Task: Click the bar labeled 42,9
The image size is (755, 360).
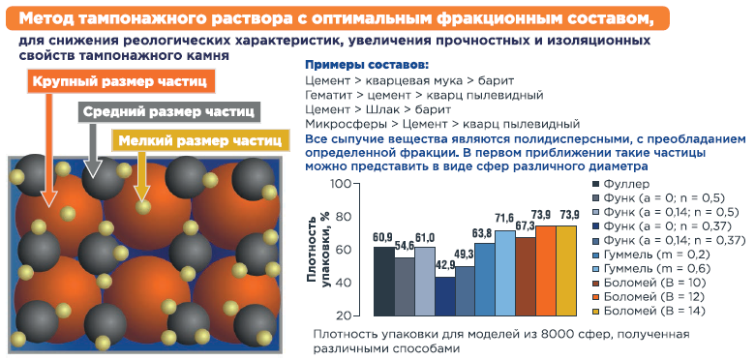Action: pos(445,296)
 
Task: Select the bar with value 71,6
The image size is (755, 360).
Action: pos(505,273)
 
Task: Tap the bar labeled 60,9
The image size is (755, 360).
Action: pos(383,282)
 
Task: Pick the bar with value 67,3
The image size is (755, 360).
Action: pos(526,277)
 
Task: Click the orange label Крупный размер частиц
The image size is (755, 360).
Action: pos(120,82)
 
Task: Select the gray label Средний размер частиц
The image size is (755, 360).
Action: pos(169,111)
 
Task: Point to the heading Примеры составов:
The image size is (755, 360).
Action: pos(367,65)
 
